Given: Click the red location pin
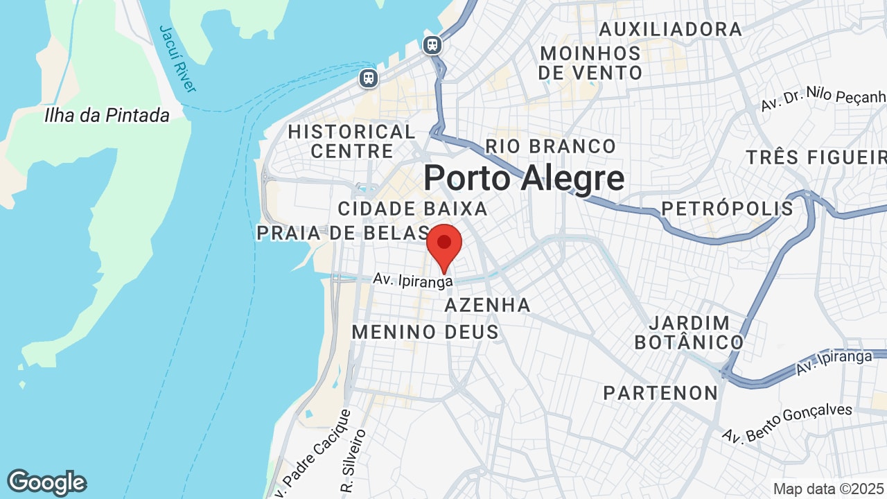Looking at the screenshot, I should pos(444,245).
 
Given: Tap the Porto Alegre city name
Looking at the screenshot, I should pos(523,178).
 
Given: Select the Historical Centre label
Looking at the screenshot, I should pos(352,141).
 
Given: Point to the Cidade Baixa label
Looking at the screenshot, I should pos(413,209).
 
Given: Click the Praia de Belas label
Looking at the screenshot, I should pos(343,233).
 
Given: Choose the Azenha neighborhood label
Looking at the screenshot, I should pos(488,305).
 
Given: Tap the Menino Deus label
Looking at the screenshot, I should pos(425,332).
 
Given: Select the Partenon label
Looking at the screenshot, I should pos(660,393).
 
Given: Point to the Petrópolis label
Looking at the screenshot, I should pos(727,209).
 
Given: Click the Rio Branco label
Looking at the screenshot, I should pos(550,146).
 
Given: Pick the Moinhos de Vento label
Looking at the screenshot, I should pos(590,62).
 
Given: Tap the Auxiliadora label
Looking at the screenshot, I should pos(670,29).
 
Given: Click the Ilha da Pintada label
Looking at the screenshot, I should pos(107,115).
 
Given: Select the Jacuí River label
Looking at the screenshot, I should pos(178,59).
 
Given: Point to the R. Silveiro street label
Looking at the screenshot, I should pos(352,451).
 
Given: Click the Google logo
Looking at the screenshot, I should pos(46,482).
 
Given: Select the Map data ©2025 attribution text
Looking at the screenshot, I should pos(828,489).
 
